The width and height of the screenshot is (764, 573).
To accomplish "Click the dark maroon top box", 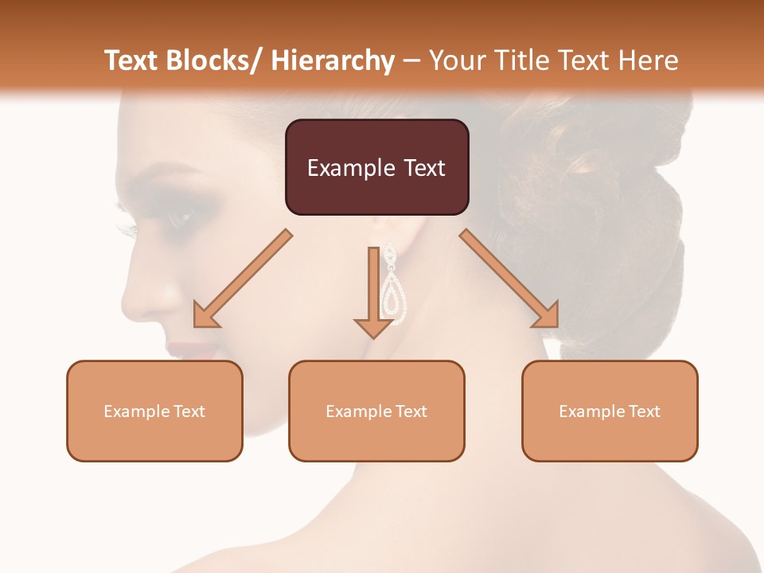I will point(376,167).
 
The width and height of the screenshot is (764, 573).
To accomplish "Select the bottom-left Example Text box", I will point(154,411).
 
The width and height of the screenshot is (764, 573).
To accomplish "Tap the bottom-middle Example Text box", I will point(376,411).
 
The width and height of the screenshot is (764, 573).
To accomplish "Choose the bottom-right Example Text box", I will point(610,411).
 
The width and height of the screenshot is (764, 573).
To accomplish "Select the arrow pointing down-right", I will point(509,279).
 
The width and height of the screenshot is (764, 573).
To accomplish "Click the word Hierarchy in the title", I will point(333,60).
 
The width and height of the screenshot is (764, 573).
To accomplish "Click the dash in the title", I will point(411,60).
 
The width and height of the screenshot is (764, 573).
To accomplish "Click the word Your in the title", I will point(457,60).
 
